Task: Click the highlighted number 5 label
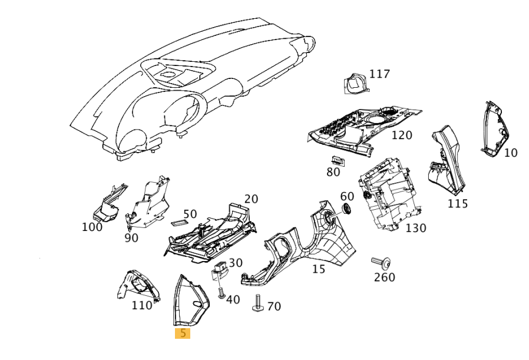183,333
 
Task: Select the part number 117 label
379,74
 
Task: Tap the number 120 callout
402,136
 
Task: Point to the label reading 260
385,277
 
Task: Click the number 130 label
415,228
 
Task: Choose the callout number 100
92,227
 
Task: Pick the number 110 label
141,305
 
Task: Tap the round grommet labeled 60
346,209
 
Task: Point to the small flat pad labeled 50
178,223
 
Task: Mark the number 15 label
318,269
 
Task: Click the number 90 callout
131,237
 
